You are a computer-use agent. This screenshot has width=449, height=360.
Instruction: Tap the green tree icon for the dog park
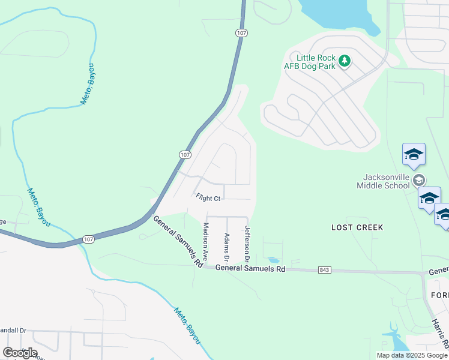345,61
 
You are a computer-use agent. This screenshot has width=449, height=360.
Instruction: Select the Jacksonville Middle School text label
386,181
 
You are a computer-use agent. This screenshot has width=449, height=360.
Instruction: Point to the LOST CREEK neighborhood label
357,227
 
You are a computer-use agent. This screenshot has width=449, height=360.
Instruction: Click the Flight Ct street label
208,197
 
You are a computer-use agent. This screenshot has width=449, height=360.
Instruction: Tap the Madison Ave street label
205,241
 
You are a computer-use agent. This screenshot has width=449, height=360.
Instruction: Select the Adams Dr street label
226,247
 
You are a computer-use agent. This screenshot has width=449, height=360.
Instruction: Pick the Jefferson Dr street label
246,243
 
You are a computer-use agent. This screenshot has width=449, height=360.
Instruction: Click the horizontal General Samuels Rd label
250,269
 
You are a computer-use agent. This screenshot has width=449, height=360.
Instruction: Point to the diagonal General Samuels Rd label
178,241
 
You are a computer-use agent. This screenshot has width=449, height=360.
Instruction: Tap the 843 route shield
325,270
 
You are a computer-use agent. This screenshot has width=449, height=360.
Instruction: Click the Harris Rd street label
439,332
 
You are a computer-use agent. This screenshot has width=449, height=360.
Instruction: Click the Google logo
20,352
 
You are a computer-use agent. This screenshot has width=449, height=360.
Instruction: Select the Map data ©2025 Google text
412,355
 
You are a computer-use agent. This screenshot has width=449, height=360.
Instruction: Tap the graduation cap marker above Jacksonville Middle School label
414,155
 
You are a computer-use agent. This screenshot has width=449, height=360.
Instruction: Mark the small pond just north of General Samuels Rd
273,260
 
